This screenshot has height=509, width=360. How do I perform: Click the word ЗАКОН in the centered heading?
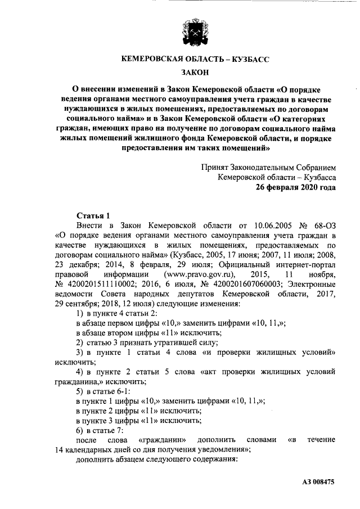click(x=195, y=71)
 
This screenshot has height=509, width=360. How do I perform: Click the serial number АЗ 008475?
click(x=318, y=482)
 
